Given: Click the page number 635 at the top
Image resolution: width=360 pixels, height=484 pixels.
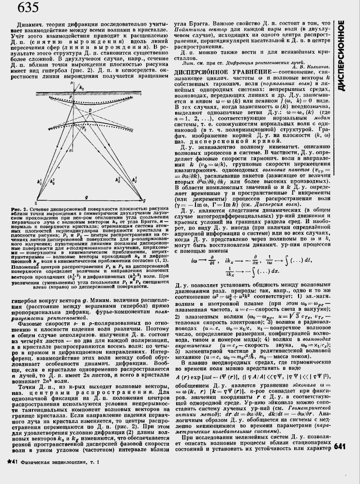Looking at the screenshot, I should pos(16,8).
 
